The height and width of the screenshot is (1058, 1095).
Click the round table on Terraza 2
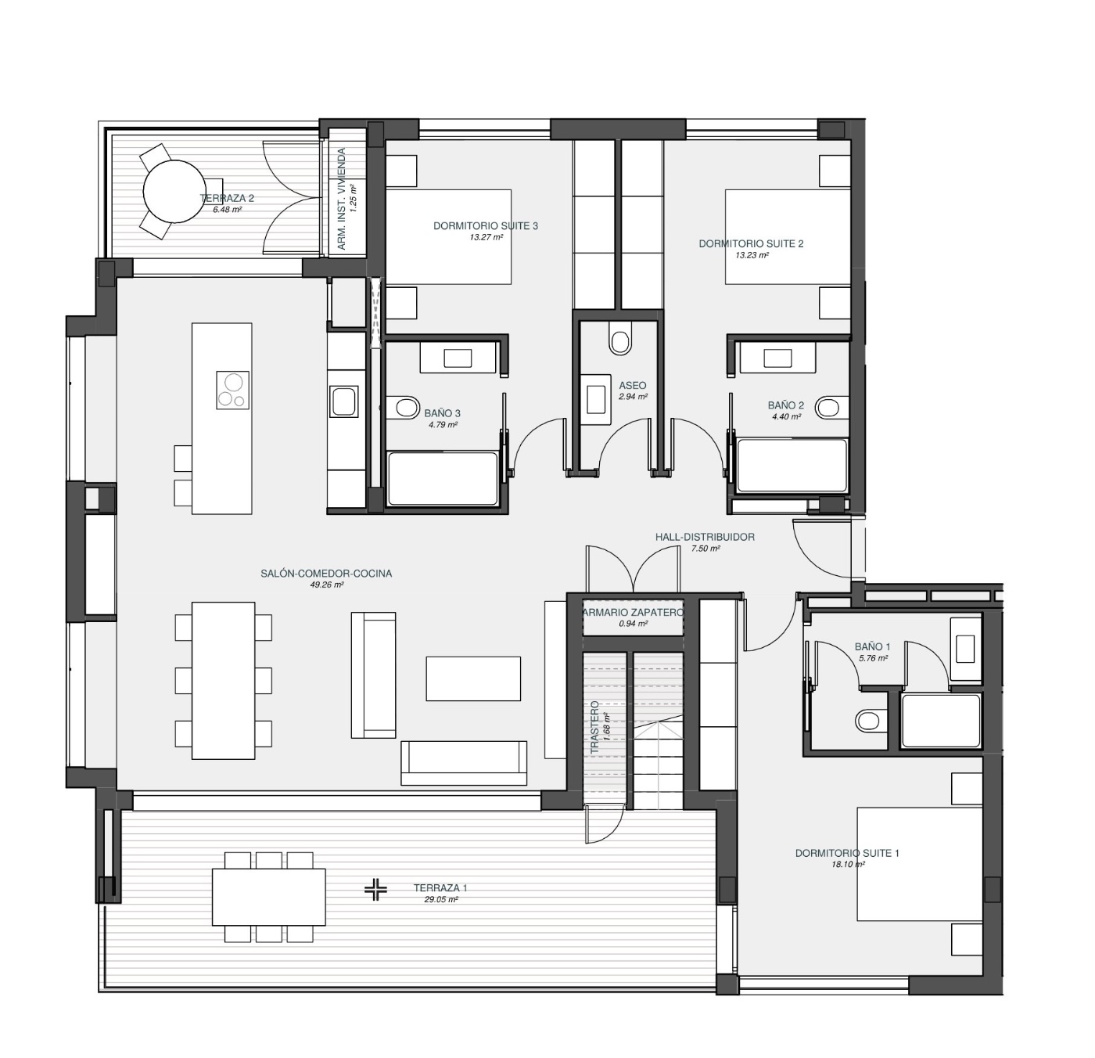[169, 192]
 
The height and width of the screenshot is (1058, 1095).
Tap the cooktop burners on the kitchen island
[232, 390]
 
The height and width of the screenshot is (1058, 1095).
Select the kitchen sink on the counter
[344, 401]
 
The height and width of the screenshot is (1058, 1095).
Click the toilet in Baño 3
[405, 408]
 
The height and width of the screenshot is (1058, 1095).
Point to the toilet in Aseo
[620, 342]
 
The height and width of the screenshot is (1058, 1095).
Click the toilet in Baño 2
[829, 408]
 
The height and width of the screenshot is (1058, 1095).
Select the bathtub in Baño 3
[443, 479]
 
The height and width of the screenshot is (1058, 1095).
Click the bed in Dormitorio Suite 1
[919, 864]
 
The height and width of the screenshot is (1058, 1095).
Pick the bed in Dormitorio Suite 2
[787, 236]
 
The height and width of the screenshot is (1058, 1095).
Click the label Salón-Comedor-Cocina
[326, 574]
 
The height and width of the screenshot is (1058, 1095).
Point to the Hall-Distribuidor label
[705, 537]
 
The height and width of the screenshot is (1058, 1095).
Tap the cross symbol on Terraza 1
[376, 889]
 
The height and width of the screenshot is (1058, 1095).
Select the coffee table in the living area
[473, 678]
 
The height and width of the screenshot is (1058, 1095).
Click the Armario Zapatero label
[633, 612]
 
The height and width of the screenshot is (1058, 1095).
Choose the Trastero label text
[594, 728]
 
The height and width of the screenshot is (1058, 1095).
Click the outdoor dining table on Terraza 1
[268, 897]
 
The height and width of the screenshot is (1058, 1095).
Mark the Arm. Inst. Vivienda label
[342, 200]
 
